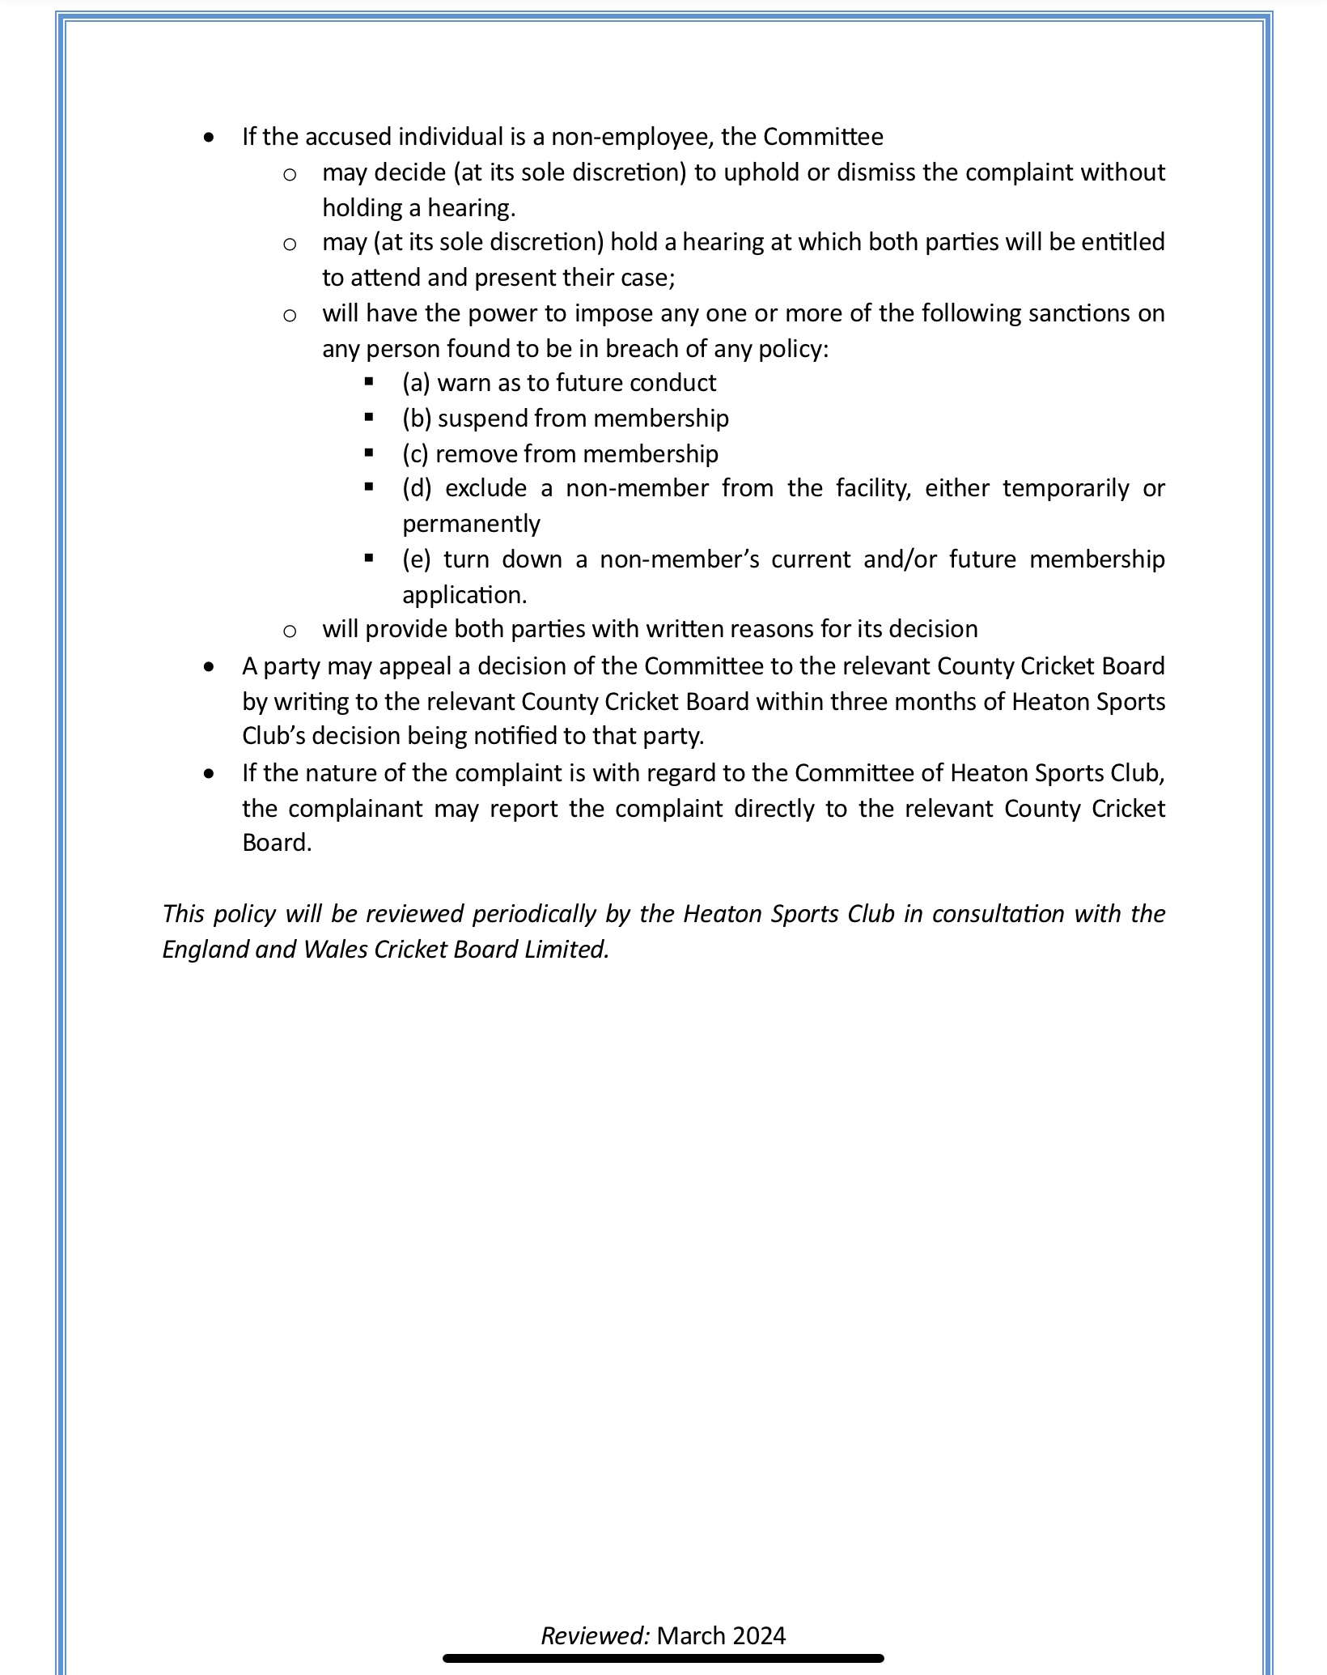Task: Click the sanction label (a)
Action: pyautogui.click(x=416, y=383)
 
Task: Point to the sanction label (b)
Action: pyautogui.click(x=417, y=419)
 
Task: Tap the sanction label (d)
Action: pyautogui.click(x=417, y=489)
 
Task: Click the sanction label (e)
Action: pyautogui.click(x=416, y=559)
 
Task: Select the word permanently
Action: pyautogui.click(x=471, y=524)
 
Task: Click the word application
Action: pyautogui.click(x=464, y=595)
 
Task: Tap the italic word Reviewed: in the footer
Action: pyautogui.click(x=595, y=1635)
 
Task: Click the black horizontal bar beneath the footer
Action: pyautogui.click(x=663, y=1658)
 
